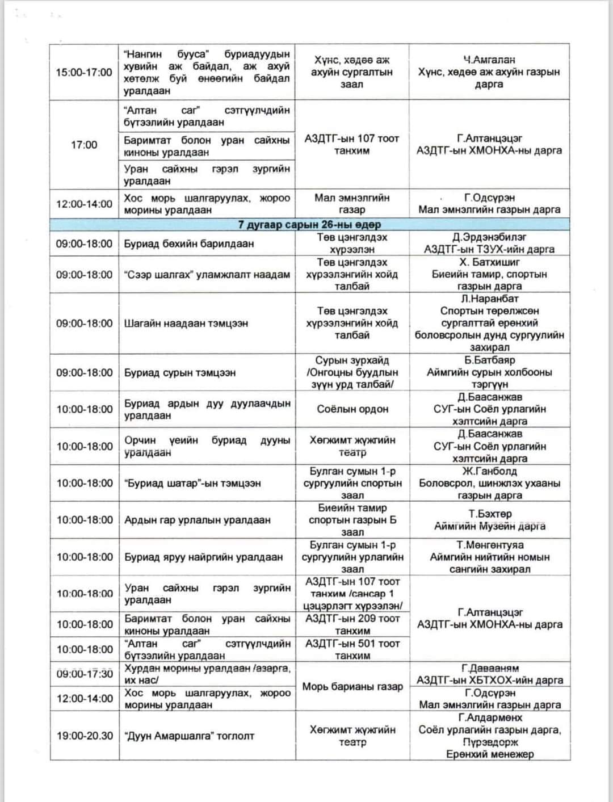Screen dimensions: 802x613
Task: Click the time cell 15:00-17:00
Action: tap(84, 72)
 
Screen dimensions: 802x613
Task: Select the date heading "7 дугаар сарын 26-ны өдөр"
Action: tap(309, 224)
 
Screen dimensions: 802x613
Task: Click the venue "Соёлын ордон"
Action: tap(352, 409)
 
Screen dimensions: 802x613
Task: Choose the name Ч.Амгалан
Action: tap(489, 60)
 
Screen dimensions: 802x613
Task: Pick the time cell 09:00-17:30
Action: tap(85, 674)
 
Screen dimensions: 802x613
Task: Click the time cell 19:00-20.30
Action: tap(85, 736)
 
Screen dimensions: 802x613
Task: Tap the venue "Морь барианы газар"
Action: tap(352, 686)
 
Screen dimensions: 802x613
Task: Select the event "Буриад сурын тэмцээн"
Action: tap(180, 372)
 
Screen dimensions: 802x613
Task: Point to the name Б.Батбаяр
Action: tap(489, 360)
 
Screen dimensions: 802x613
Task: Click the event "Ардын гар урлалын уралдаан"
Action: tap(198, 520)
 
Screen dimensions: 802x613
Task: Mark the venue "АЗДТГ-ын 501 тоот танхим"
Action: tap(352, 649)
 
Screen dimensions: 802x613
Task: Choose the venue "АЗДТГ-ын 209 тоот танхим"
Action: tap(352, 624)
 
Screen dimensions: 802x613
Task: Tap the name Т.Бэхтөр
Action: tap(490, 514)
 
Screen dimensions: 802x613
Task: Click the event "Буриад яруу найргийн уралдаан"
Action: tap(204, 557)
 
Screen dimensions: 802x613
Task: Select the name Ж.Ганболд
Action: tap(489, 471)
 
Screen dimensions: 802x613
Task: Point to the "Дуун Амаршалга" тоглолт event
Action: tap(190, 736)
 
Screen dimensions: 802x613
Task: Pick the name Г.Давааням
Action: tap(490, 668)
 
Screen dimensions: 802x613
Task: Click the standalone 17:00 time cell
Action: tap(84, 145)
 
